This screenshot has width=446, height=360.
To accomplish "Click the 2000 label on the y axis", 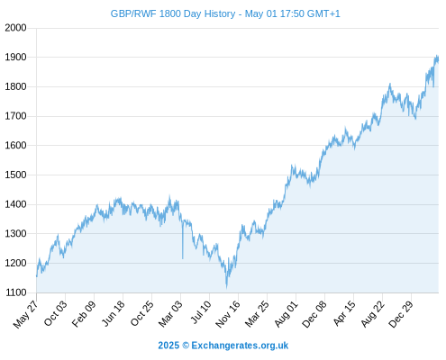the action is [15, 28].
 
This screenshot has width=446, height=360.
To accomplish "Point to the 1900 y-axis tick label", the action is [15, 57].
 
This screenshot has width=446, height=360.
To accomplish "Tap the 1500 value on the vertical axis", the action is [15, 175].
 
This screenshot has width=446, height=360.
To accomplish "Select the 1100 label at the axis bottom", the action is [15, 292].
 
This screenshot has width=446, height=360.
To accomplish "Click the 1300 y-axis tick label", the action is [15, 234].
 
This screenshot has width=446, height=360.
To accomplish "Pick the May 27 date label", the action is [25, 314].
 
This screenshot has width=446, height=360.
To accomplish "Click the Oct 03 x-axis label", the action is [55, 313].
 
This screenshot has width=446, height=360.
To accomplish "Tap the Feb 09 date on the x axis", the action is [84, 313].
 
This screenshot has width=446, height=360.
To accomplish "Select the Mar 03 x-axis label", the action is [170, 313].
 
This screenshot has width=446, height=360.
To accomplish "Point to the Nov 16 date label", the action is [228, 314].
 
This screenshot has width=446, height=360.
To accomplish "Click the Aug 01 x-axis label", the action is [286, 314].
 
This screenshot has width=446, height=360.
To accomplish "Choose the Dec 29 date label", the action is [401, 314].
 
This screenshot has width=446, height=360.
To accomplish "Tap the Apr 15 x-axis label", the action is [344, 313].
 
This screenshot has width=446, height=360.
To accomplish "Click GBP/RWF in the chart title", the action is [133, 14].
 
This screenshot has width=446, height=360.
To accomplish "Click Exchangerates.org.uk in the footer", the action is [240, 346].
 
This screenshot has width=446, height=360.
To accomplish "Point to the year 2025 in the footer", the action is [168, 346].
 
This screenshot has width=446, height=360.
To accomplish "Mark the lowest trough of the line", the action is [227, 287].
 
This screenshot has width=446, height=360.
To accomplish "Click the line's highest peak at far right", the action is [437, 56].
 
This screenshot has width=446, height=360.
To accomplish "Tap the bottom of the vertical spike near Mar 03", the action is [183, 258].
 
